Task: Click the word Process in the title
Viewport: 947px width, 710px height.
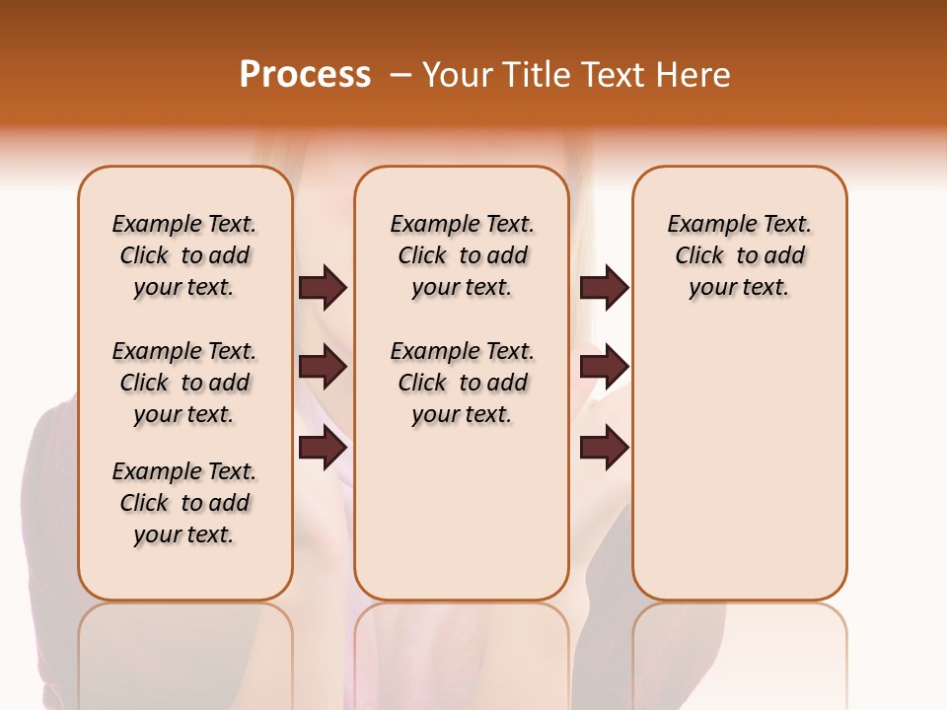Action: (305, 74)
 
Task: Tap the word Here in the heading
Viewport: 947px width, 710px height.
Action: (694, 75)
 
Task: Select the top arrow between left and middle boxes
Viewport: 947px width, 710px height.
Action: (323, 287)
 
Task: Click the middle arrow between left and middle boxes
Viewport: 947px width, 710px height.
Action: (323, 367)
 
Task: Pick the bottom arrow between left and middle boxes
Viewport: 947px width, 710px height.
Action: (323, 448)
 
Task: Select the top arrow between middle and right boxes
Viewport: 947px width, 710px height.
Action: (604, 287)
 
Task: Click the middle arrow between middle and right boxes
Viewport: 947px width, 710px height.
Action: (604, 367)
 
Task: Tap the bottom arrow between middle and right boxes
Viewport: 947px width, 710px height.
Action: (604, 448)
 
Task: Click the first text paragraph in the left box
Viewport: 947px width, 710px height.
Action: (184, 255)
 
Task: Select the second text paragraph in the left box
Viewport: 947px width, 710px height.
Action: (184, 383)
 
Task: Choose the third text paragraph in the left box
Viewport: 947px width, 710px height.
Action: (184, 503)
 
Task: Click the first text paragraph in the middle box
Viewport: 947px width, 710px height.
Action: (462, 255)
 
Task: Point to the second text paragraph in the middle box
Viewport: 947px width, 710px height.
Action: (462, 383)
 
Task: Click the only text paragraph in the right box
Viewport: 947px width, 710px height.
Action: (739, 255)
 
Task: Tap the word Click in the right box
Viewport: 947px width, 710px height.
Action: (699, 256)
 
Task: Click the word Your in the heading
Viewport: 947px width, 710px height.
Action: (458, 75)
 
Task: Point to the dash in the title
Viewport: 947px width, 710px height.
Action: (401, 75)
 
